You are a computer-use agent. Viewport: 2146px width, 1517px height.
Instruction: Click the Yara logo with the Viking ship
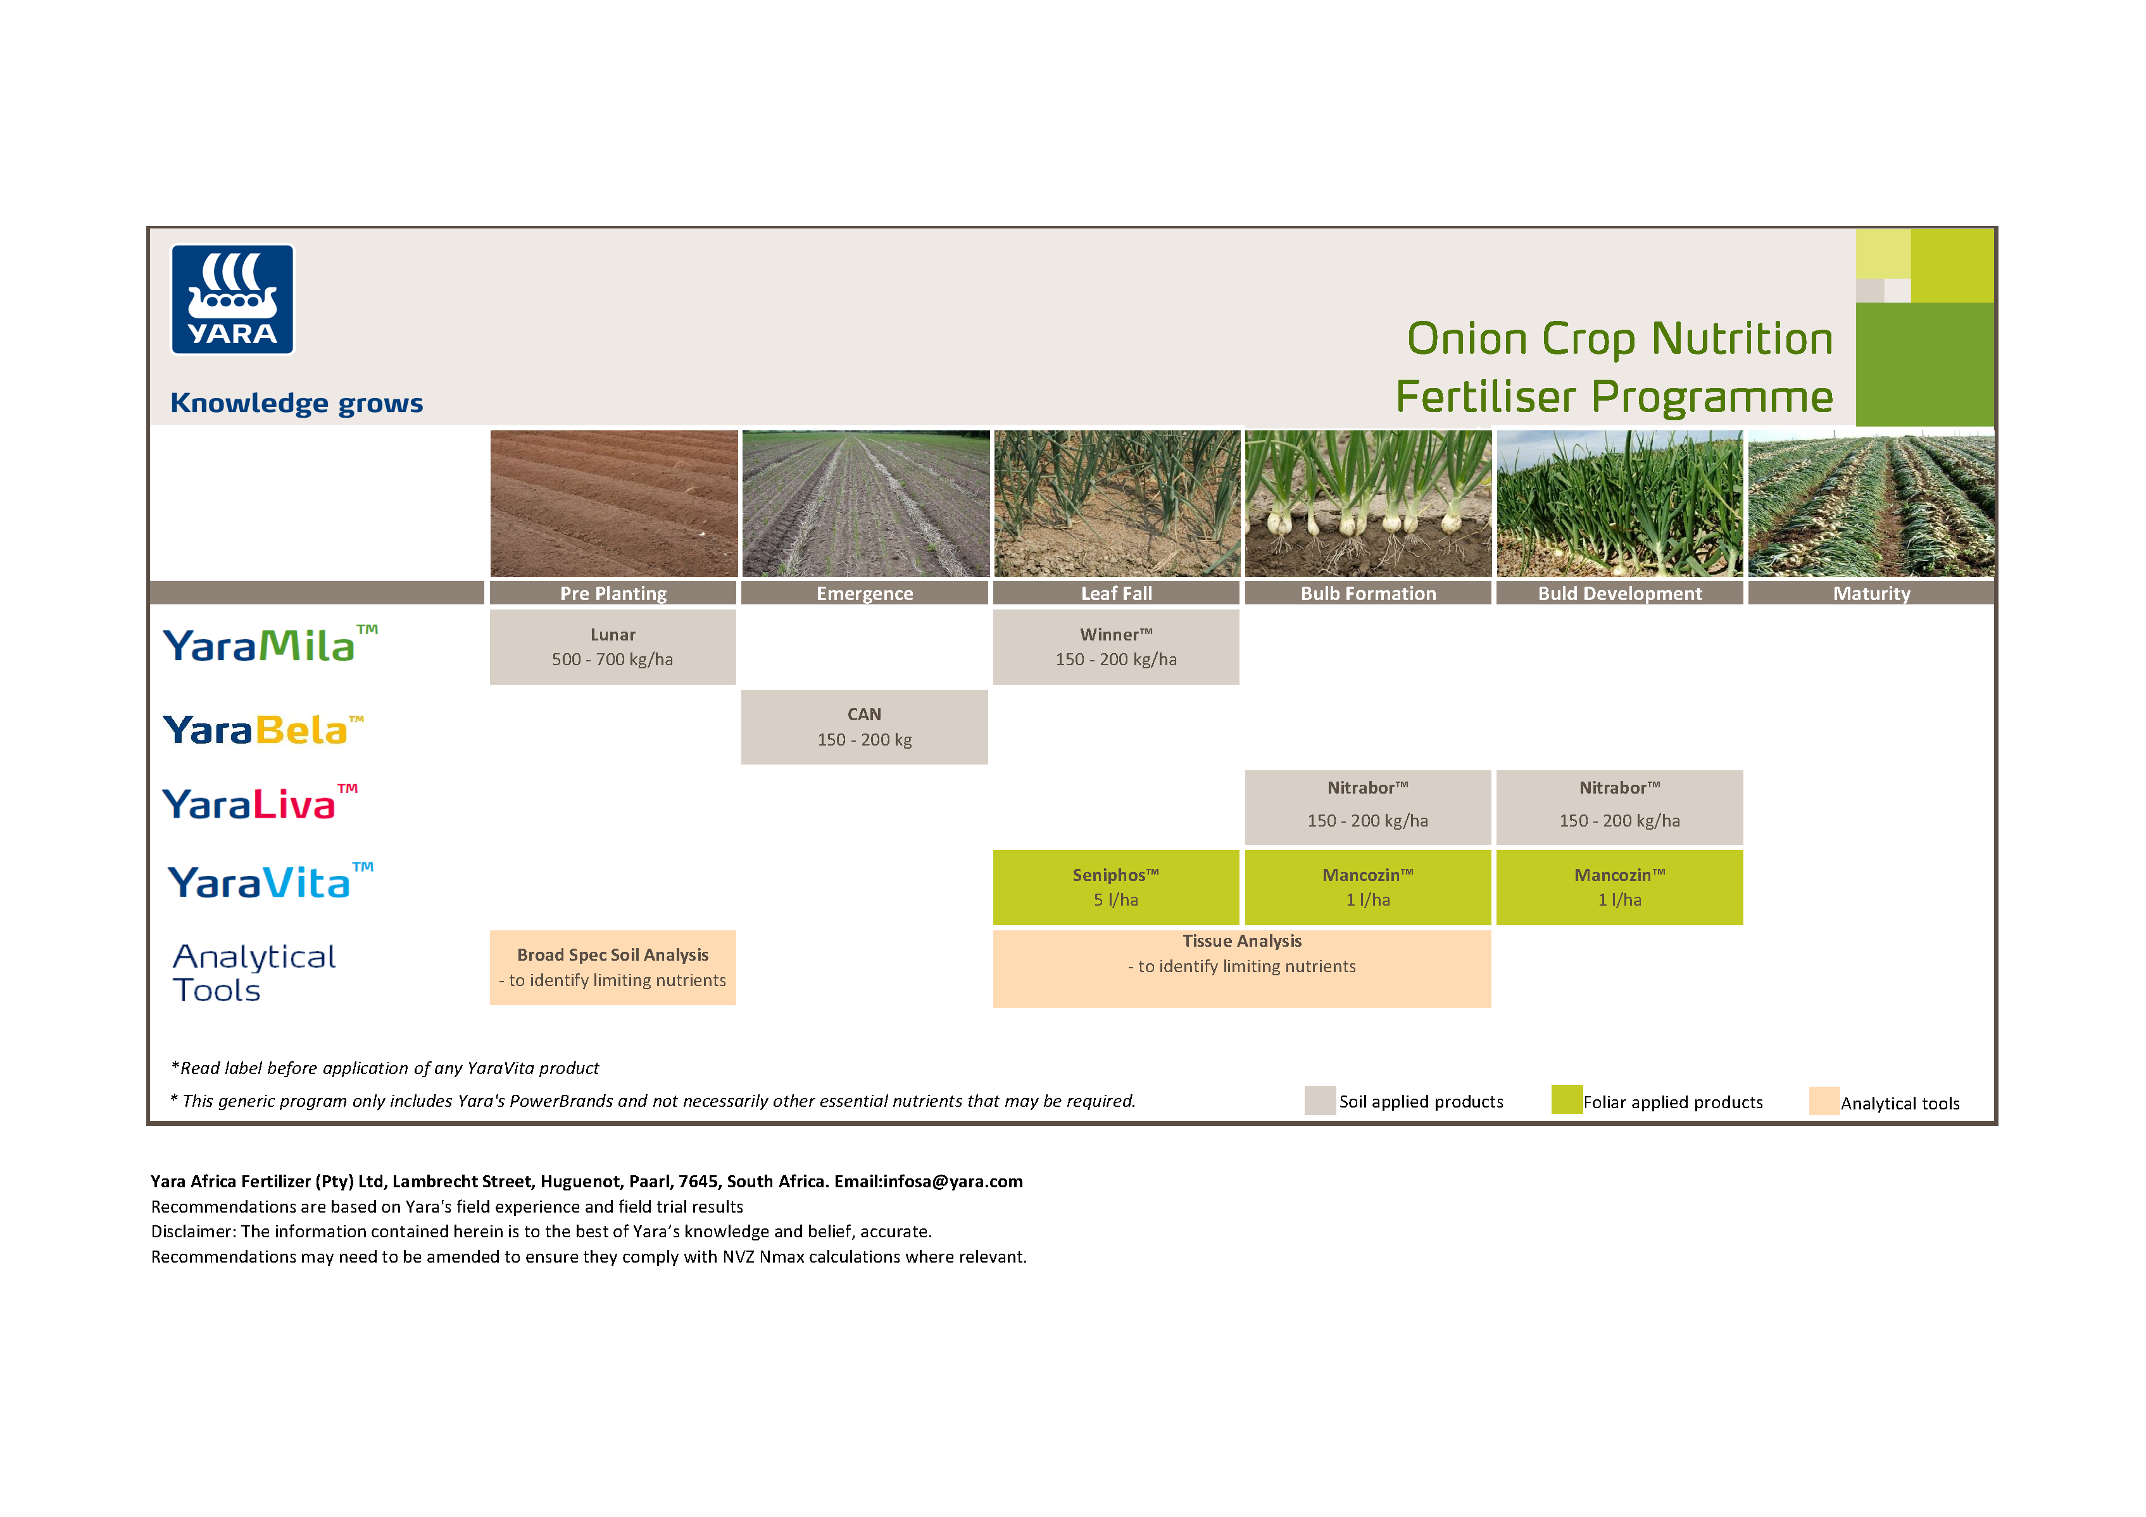point(232,299)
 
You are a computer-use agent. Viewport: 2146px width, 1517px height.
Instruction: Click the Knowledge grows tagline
point(296,403)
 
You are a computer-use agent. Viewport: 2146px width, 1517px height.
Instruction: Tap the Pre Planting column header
point(613,594)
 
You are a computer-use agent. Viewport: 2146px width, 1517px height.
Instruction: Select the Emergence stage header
point(865,594)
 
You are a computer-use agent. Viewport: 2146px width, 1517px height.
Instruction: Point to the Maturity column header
point(1871,594)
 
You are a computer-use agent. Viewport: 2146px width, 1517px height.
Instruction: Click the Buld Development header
point(1620,594)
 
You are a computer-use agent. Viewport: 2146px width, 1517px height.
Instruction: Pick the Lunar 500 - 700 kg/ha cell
point(613,647)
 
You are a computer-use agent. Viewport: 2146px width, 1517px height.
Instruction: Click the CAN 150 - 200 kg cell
point(865,727)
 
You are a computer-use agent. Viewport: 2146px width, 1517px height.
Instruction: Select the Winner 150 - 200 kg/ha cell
point(1116,647)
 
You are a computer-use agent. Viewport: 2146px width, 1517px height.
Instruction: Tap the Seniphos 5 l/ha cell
point(1116,887)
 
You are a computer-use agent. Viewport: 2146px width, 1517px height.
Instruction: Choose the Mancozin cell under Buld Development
point(1620,887)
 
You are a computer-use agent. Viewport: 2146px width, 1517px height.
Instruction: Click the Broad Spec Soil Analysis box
point(613,968)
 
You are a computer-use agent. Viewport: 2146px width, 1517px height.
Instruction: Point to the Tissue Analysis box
point(1241,968)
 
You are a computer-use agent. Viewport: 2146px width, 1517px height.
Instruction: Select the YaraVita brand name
point(269,882)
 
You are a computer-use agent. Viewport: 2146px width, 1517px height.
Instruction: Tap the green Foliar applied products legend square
point(1567,1099)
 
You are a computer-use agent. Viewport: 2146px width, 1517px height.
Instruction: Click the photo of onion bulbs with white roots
point(1367,504)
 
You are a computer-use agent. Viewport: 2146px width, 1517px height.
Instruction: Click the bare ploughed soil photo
point(613,504)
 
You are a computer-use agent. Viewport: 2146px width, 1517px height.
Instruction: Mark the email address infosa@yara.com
point(953,1182)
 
